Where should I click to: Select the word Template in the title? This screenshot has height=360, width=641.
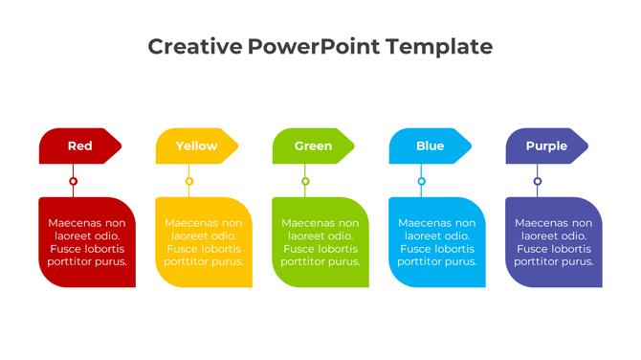[x=439, y=46]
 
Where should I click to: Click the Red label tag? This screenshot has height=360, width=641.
[x=80, y=146]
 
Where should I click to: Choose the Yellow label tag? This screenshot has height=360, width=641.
[x=196, y=146]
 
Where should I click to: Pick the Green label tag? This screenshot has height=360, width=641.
[x=313, y=146]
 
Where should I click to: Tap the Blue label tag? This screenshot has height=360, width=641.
[x=430, y=146]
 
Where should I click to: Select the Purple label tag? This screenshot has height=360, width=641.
[x=546, y=146]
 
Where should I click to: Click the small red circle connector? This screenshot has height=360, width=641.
[x=74, y=181]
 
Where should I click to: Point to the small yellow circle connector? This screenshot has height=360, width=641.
[x=189, y=181]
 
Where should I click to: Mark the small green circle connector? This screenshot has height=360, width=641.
[x=306, y=181]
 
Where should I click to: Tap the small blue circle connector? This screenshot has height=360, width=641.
[x=422, y=181]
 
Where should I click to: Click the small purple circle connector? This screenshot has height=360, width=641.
[x=538, y=181]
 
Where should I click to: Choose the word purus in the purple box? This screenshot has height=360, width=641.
[x=576, y=261]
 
